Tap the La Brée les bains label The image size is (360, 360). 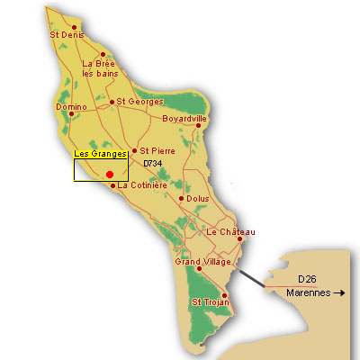98,68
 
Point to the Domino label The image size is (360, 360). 70,107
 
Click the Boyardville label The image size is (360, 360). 184,118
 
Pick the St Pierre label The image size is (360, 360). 156,150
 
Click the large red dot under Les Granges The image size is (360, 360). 109,175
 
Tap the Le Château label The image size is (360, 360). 231,232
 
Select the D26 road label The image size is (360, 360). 307,278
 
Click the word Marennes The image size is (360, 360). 309,293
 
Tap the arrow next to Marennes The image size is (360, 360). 338,293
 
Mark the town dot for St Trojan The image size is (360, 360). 224,294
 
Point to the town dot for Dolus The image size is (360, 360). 181,198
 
